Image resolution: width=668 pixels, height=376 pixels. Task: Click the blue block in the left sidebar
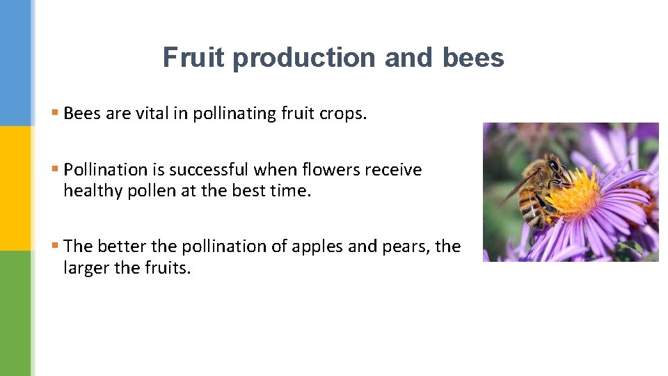[x=15, y=63]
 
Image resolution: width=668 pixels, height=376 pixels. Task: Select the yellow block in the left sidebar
[x=15, y=188]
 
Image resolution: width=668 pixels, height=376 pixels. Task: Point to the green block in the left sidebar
[x=15, y=313]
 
